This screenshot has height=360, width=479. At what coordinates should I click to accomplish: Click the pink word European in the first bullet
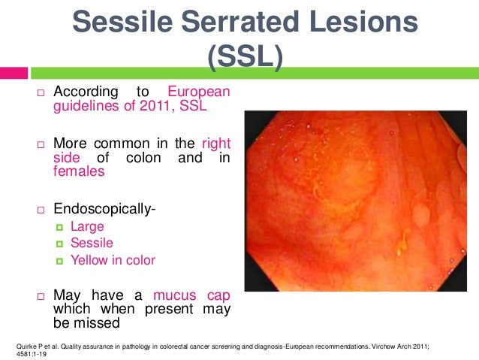tap(198, 92)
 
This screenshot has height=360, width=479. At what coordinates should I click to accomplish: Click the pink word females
tap(78, 171)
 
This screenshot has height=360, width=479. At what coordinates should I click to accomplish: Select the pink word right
tap(215, 143)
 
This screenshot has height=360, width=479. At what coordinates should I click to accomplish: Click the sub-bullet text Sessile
tap(91, 243)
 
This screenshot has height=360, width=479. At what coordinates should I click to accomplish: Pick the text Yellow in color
tap(113, 260)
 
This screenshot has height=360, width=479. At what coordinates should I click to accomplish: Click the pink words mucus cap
tap(191, 295)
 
